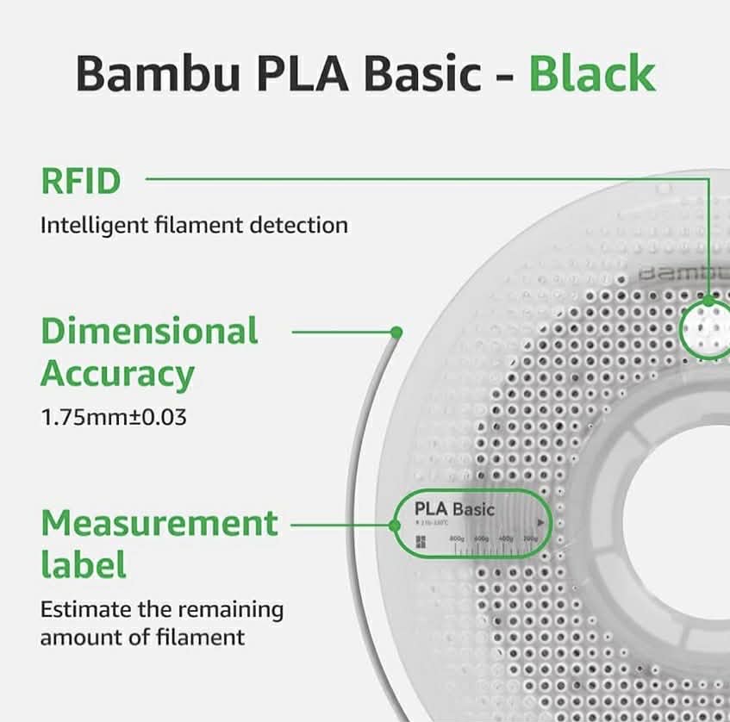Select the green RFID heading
coord(80,182)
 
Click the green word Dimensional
coord(149,331)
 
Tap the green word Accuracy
coord(117,375)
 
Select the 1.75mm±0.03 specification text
coord(114,418)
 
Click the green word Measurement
coord(159,523)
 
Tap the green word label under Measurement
coord(84,566)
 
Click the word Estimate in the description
coord(85,610)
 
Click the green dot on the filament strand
coord(396,332)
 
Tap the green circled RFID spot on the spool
coord(707,327)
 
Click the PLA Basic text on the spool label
coord(454,509)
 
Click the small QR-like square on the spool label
coord(421,541)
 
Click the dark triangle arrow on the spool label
coord(540,522)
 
